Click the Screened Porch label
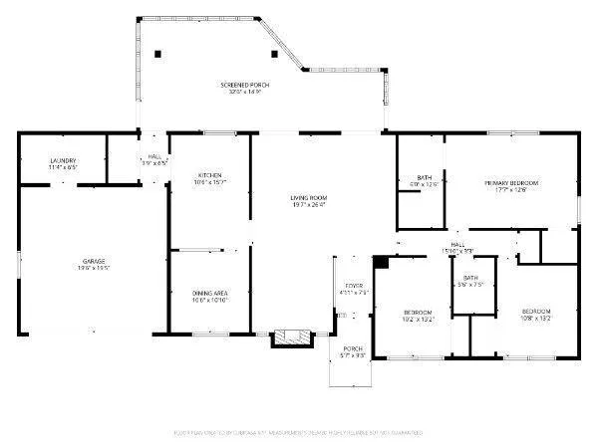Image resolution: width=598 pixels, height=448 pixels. [245, 86]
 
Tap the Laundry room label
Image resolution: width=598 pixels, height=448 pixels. [64, 161]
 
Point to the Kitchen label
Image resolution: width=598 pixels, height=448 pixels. [209, 175]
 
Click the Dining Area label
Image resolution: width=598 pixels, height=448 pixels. [210, 293]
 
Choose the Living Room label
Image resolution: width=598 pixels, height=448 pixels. [309, 198]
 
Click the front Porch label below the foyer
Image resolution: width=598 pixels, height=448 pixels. [354, 349]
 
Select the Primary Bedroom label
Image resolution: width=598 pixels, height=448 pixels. [511, 183]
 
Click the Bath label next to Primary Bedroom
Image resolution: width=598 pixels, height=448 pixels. [424, 177]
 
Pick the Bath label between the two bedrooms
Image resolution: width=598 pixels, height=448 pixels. [469, 279]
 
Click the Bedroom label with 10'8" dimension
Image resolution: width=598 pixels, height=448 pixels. [536, 313]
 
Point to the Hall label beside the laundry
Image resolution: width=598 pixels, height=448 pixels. [154, 156]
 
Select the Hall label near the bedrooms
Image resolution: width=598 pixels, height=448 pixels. [457, 244]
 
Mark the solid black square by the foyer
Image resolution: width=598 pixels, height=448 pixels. [381, 262]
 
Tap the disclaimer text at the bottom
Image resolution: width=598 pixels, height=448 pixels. [298, 433]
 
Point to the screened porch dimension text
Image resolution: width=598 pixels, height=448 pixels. [245, 93]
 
